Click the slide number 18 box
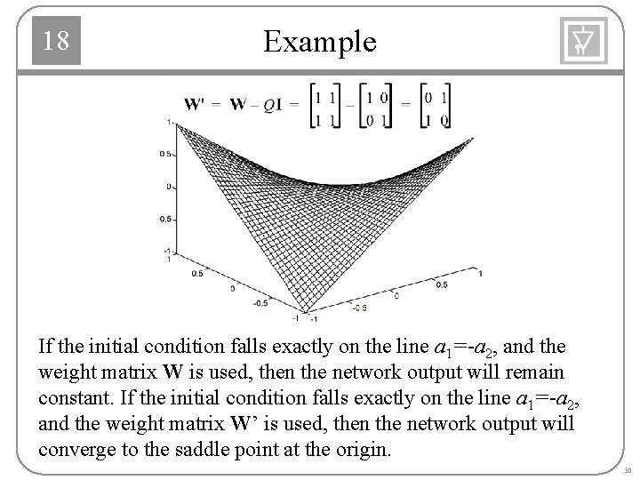pyautogui.click(x=56, y=41)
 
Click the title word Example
pyautogui.click(x=320, y=41)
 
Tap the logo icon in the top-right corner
pyautogui.click(x=582, y=41)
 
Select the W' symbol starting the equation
pyautogui.click(x=196, y=104)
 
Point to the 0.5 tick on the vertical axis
pyautogui.click(x=164, y=154)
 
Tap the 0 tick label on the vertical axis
pyautogui.click(x=169, y=187)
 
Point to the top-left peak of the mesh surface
pyautogui.click(x=177, y=124)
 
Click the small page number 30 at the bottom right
pyautogui.click(x=627, y=469)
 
